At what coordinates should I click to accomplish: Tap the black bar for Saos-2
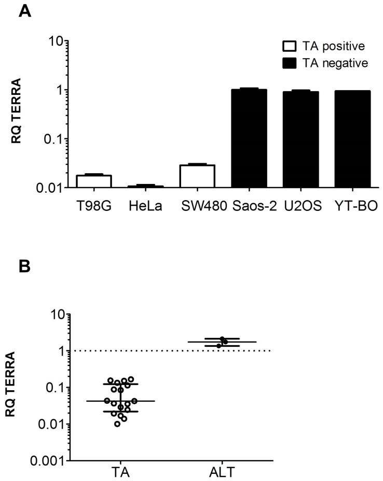coord(249,138)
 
